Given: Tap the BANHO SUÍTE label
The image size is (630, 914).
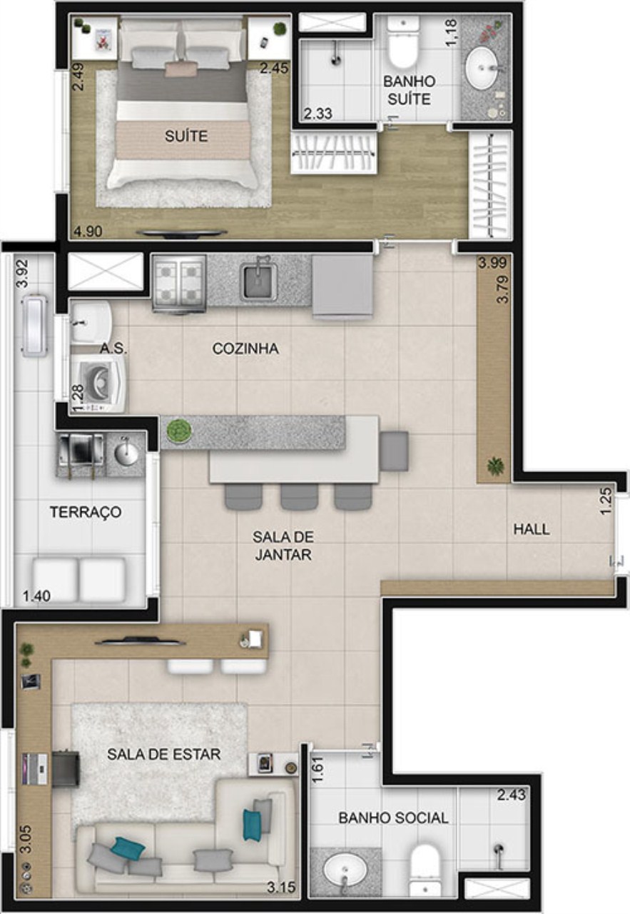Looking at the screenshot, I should click(409, 90).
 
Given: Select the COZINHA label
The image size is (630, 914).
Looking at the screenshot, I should click(245, 348).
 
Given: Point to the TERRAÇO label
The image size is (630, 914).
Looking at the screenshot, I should click(85, 512).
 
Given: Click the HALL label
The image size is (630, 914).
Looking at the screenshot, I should click(532, 529).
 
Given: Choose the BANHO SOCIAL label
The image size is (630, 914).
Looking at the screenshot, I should click(393, 818).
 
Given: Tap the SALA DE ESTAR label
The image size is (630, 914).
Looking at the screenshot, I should click(164, 753).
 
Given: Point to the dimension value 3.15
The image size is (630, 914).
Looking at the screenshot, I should click(280, 888).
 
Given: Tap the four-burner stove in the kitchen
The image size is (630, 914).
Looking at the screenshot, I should click(179, 282).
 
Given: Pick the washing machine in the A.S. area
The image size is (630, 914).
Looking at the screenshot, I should click(99, 383).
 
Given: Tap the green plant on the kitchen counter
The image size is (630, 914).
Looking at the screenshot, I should click(178, 431).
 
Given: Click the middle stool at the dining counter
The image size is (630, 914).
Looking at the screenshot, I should click(298, 497).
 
